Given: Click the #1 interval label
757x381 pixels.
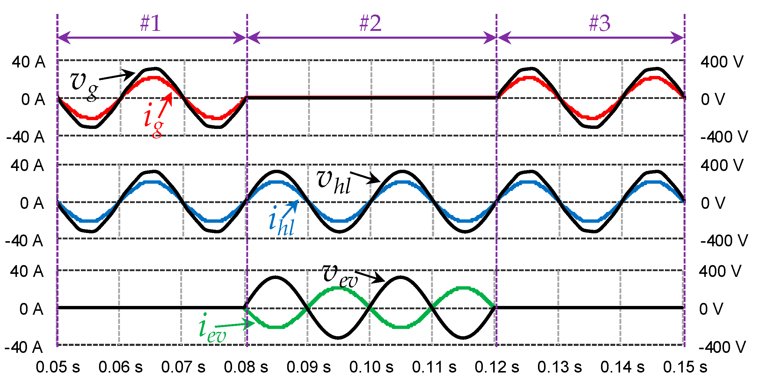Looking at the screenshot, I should point(151,23).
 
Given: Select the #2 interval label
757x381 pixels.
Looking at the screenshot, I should point(370,23).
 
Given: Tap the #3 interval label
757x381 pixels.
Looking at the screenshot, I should point(599,23).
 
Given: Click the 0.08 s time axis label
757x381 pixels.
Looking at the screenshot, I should point(246,367).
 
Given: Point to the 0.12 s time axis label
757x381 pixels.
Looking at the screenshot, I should point(497,367).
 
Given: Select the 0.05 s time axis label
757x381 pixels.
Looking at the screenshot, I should point(58,367).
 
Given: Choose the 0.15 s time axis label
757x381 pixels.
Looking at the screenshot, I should point(685,367).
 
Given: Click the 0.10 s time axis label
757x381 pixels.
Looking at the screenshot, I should point(371,367).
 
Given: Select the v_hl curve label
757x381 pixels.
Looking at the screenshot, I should point(333,182).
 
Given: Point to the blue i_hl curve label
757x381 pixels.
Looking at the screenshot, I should point(281,222).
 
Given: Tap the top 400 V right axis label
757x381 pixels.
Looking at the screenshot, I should point(722,62).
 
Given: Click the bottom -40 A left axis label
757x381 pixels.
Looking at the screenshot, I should point(24,347).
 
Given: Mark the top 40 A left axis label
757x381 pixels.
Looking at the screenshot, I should point(28,62).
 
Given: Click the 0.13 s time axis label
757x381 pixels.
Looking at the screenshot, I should point(559,367).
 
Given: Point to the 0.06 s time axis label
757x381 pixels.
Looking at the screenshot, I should point(121,367).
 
